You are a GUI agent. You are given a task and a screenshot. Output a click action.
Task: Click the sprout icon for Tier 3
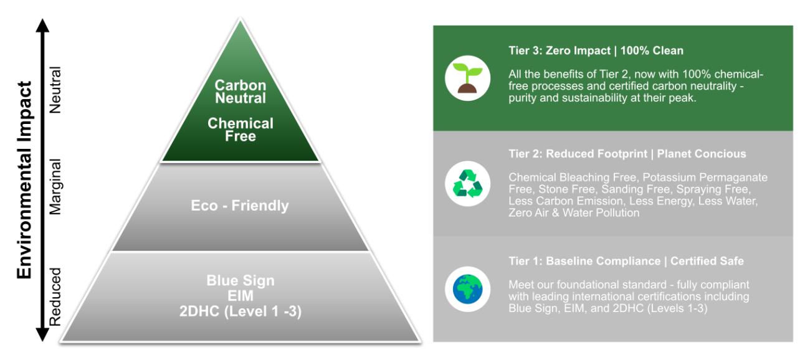(x=467, y=78)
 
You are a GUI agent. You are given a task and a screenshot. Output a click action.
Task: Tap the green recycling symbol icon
(x=467, y=184)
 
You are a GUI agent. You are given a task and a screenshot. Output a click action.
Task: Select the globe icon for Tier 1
(x=467, y=289)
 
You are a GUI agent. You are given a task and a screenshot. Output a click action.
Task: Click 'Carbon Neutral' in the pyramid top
(x=241, y=92)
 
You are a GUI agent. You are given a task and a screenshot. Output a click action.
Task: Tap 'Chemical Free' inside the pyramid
(x=241, y=130)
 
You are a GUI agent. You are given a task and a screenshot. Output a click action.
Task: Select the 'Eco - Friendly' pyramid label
(x=240, y=206)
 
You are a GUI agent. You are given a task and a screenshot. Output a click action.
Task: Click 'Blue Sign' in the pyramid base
(x=241, y=280)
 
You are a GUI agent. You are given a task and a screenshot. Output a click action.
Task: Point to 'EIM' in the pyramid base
(x=241, y=296)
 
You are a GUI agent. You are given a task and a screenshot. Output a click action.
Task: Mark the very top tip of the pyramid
(x=241, y=18)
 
